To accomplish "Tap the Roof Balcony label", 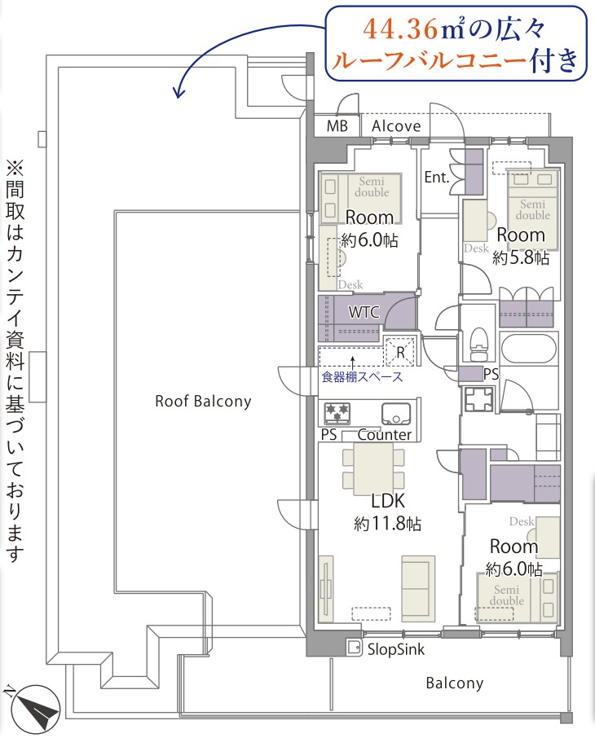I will (203, 401).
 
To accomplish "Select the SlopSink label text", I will (395, 650).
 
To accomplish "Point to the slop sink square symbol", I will (354, 648).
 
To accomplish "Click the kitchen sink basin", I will (396, 413).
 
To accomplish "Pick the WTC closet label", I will (363, 312).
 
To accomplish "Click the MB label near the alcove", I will (337, 126).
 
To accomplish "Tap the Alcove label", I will (396, 126).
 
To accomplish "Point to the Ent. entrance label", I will (438, 177).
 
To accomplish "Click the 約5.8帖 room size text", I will (521, 257).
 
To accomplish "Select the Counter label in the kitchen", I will (385, 434).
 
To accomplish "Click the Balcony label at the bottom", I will (454, 683).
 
